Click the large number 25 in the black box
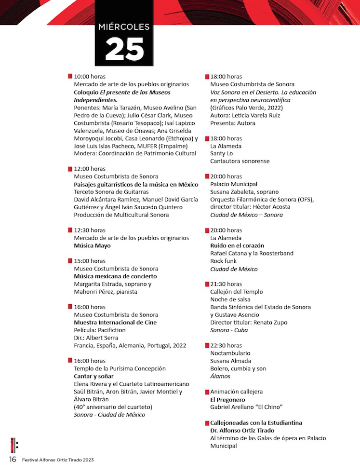(124, 49)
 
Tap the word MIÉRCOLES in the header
(124, 27)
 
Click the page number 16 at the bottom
(13, 459)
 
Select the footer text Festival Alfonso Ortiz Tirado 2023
(58, 460)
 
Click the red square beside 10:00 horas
(70, 77)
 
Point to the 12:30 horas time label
(89, 230)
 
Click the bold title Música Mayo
(92, 245)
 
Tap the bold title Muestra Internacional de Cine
(115, 322)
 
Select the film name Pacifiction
(110, 330)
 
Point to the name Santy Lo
(222, 153)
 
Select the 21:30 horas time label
(226, 284)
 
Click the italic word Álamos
(220, 376)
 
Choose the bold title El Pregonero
(227, 399)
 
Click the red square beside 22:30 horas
(207, 346)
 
